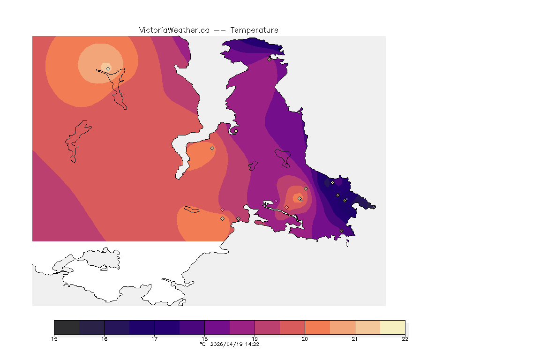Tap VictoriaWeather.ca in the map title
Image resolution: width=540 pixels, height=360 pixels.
[x=174, y=30]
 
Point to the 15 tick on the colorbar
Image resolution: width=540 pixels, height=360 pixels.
[x=54, y=339]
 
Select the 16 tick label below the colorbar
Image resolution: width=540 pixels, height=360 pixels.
[x=105, y=339]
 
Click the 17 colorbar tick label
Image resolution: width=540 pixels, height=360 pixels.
[x=154, y=339]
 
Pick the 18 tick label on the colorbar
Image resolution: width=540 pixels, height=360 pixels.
[x=204, y=339]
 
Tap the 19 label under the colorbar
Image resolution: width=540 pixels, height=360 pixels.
[x=255, y=339]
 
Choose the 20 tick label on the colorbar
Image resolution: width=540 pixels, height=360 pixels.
[x=305, y=339]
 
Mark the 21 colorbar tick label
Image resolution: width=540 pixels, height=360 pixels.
[x=355, y=339]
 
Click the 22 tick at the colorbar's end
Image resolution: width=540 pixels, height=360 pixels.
[x=405, y=339]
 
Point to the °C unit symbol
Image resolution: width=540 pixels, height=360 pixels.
[x=202, y=344]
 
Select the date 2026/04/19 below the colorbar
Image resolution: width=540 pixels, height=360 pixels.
[x=227, y=344]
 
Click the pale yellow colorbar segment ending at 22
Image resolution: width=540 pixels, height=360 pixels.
[x=392, y=327]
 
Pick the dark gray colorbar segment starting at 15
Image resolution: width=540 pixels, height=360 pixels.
[x=67, y=327]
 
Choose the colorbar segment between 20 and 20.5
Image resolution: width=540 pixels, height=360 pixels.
[x=317, y=327]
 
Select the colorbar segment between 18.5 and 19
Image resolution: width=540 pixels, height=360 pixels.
[x=242, y=327]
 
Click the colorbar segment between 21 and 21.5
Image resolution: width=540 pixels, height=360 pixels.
[x=367, y=327]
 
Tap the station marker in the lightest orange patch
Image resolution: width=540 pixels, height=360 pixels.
[x=108, y=68]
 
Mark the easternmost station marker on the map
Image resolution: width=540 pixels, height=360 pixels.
[x=374, y=207]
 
